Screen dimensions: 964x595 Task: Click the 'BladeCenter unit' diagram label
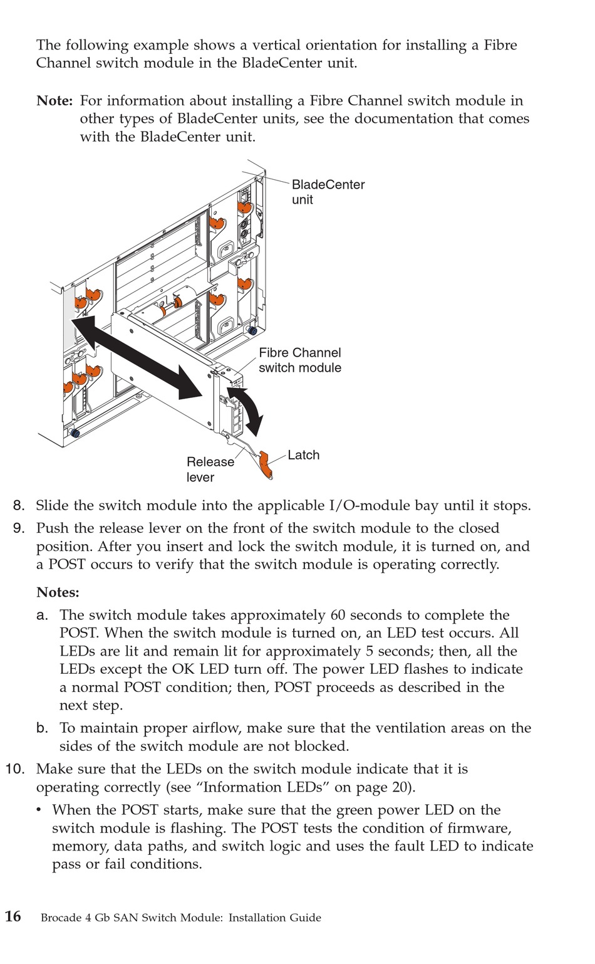(328, 192)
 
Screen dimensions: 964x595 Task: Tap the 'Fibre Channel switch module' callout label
(300, 360)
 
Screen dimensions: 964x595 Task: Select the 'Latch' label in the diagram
(304, 455)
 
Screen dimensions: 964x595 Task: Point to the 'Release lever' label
(210, 469)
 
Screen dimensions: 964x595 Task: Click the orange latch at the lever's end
(266, 466)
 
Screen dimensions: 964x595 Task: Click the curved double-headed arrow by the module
(246, 409)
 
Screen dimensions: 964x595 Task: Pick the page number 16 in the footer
(13, 916)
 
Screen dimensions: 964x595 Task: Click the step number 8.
(19, 505)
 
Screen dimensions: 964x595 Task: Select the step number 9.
(19, 528)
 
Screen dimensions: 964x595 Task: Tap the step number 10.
(16, 769)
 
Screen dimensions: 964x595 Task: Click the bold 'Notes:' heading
(58, 592)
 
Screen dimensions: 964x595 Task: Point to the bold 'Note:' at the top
(55, 101)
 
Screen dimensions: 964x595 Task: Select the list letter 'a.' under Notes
(43, 616)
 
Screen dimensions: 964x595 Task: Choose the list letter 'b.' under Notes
(43, 728)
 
